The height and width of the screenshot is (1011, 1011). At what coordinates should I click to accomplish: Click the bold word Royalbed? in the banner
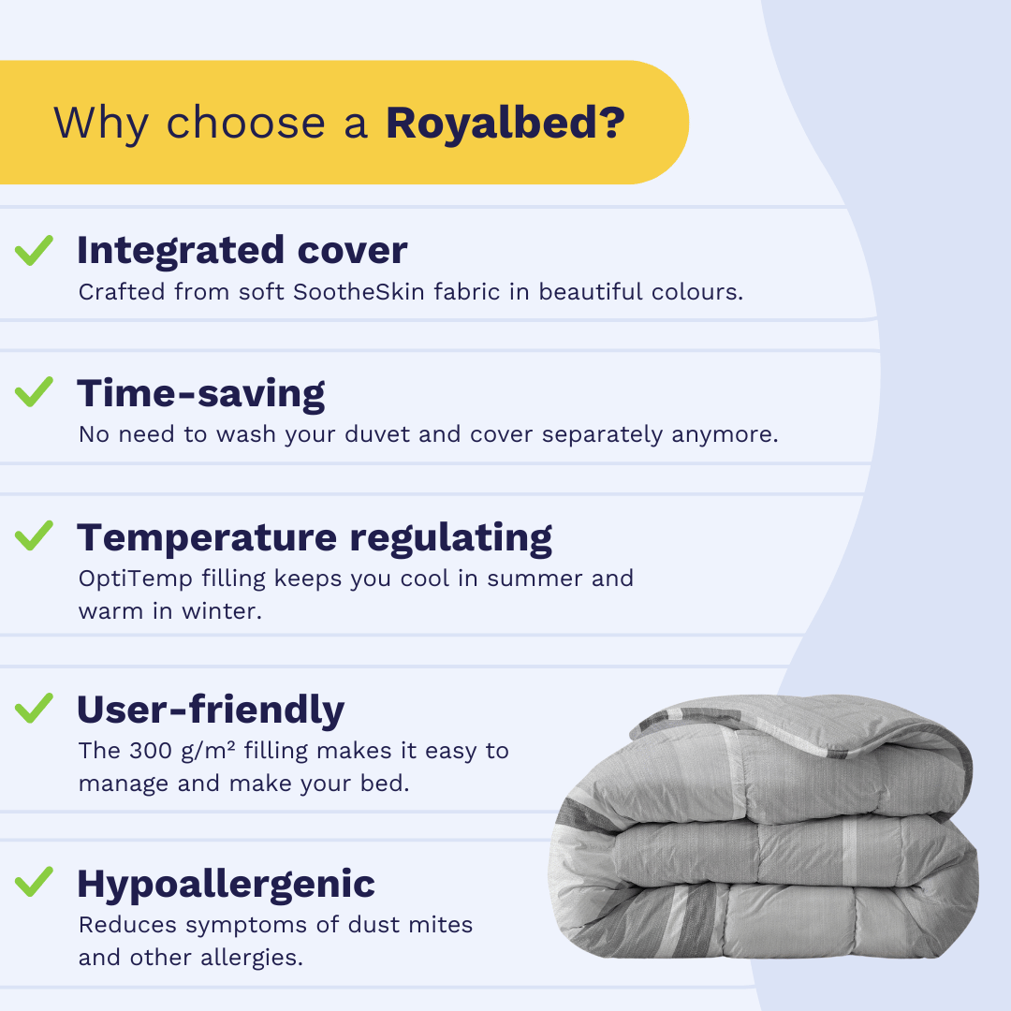click(505, 123)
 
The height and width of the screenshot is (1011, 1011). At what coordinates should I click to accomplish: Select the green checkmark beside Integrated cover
click(35, 250)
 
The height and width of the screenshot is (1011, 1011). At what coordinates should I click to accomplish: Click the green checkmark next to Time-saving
click(35, 392)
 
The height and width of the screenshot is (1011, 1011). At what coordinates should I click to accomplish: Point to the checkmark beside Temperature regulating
click(35, 535)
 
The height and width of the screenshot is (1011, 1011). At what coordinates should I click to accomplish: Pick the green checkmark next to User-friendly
click(35, 708)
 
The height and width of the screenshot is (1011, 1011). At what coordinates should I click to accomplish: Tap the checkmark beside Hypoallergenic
click(35, 882)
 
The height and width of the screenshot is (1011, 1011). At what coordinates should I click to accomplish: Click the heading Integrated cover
click(242, 251)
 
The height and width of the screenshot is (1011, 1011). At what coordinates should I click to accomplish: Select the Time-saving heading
click(201, 394)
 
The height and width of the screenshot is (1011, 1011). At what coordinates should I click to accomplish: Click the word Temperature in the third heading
click(207, 537)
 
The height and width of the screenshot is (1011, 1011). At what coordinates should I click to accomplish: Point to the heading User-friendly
click(211, 710)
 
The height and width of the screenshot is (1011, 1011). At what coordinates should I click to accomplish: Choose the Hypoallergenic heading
click(227, 884)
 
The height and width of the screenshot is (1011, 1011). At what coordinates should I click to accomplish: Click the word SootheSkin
click(359, 292)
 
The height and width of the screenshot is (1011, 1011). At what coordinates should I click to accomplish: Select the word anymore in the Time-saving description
click(725, 435)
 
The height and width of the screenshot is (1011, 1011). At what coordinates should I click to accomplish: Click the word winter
click(222, 611)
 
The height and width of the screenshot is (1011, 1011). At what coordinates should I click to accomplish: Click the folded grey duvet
click(764, 827)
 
